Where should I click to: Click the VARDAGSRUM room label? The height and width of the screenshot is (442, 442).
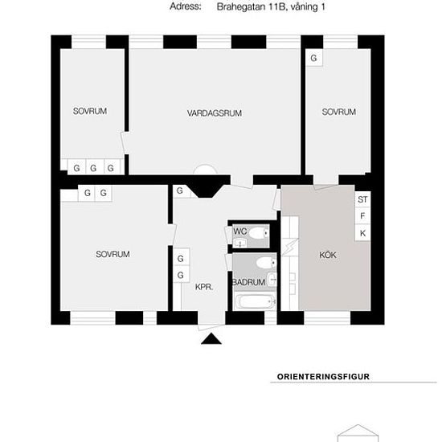coord(215,113)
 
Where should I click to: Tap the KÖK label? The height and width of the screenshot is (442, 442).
coord(328,255)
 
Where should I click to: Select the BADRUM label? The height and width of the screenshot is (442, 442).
coord(248,282)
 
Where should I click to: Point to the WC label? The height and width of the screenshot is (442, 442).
coord(240,231)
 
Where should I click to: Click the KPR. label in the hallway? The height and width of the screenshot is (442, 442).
coord(204,287)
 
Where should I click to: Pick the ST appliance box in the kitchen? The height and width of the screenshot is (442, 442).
coord(362,199)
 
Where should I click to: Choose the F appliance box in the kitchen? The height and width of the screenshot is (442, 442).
coord(362,216)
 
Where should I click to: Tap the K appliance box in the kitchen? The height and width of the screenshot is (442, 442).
coord(362,233)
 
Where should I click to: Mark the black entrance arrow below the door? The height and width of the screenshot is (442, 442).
coord(211,339)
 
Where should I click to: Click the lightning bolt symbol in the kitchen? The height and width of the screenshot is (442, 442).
coord(290,247)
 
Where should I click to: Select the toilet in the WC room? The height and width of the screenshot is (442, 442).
coord(259,233)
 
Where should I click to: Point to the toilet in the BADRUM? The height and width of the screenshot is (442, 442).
coord(266,263)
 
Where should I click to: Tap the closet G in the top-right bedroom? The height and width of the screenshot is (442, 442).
coord(314,58)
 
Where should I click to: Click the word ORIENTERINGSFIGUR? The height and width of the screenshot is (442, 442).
coord(323,377)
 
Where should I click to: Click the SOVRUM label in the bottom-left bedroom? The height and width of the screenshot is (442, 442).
coord(113,254)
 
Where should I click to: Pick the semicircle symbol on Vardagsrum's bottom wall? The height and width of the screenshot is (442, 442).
coord(205,169)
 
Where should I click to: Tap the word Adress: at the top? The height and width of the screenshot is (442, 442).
coord(186,6)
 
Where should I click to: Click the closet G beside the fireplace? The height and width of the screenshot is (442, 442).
coord(179,190)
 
